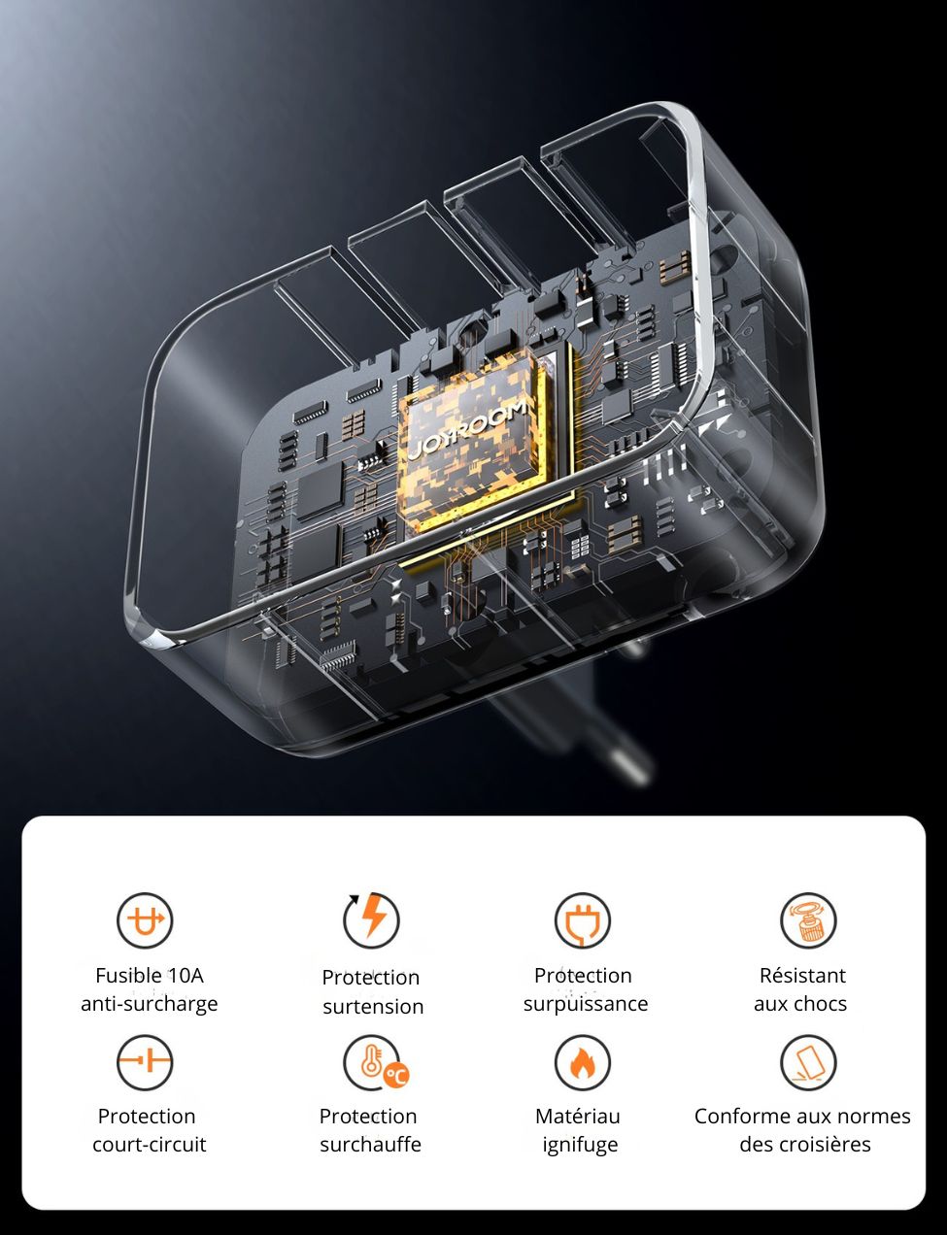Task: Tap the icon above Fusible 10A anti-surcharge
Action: [145, 920]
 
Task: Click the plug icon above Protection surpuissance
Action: [582, 920]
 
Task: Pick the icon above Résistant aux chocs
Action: [807, 920]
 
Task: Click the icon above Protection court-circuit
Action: [145, 1061]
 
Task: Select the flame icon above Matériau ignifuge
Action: [582, 1062]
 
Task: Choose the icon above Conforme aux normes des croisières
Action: [807, 1062]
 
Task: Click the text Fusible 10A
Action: [150, 976]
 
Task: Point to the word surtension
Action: [373, 1007]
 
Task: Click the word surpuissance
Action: [585, 1004]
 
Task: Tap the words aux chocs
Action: [800, 1004]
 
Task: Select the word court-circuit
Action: [150, 1145]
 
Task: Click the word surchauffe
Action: [370, 1145]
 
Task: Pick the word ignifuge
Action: [580, 1145]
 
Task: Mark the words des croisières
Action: [804, 1145]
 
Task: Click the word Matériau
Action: [578, 1117]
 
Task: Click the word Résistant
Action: [802, 976]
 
